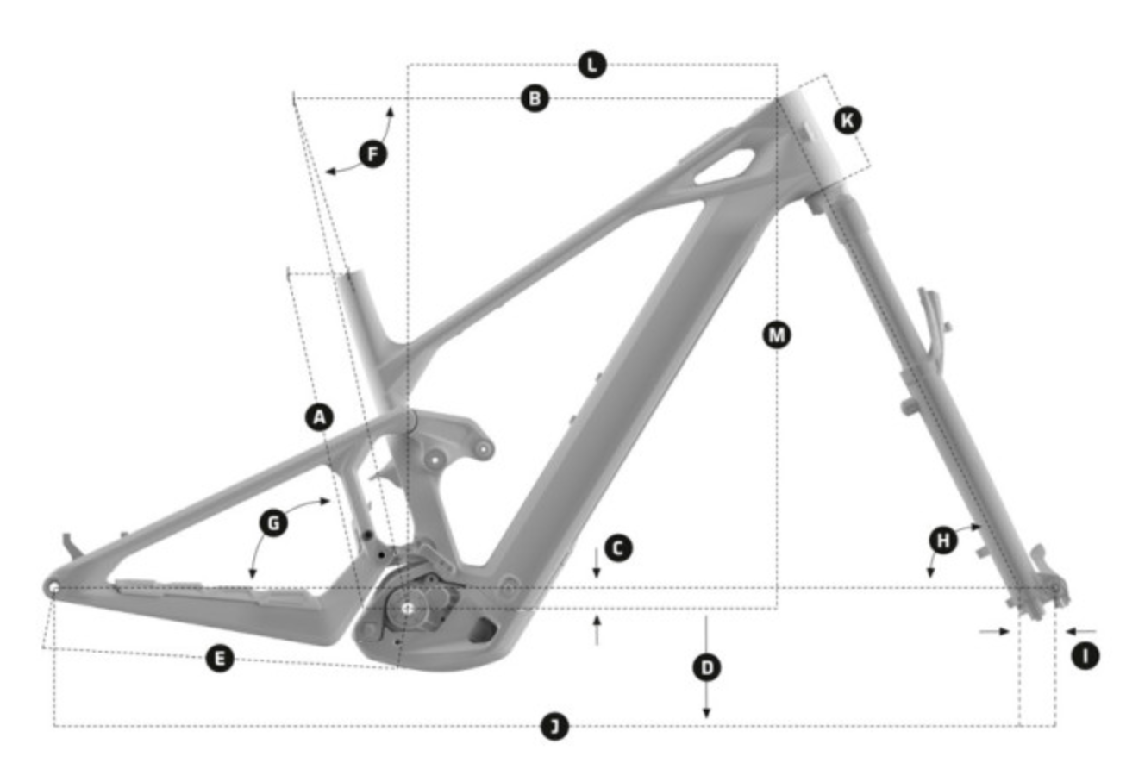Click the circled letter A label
tap(320, 416)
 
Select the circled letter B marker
tap(535, 98)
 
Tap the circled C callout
tap(618, 547)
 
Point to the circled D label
tap(707, 668)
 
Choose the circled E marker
tap(220, 658)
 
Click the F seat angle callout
tap(373, 153)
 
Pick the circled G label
tap(273, 523)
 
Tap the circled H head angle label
tap(943, 541)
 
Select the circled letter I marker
tap(1085, 656)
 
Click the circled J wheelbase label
tap(554, 726)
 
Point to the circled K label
tap(848, 121)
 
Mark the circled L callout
tap(592, 65)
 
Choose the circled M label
tap(777, 334)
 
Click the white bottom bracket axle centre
tap(407, 609)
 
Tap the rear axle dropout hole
tap(53, 588)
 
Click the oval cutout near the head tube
tap(724, 166)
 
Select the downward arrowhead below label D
tap(706, 713)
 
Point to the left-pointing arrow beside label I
tap(1081, 631)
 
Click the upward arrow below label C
tap(597, 631)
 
